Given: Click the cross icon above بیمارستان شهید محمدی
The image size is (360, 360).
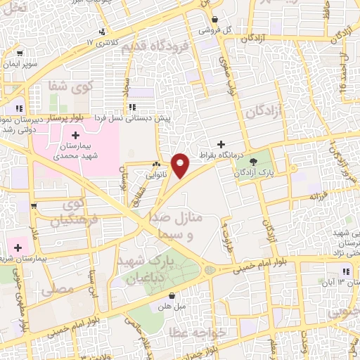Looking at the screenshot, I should point(75,134).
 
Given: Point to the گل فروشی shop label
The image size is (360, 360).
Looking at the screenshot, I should point(215,30).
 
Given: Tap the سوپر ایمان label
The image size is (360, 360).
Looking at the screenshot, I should point(19,64).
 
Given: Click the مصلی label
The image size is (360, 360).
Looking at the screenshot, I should point(57,288).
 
